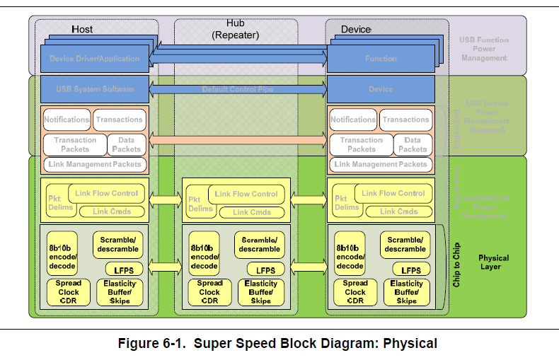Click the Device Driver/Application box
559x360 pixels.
[94, 59]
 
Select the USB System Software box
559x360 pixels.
[94, 89]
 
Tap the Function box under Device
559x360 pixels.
[381, 59]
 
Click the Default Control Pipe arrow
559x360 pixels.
[238, 89]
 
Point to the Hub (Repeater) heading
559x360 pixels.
[236, 29]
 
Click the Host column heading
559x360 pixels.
[82, 30]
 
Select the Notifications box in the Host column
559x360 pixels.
[67, 120]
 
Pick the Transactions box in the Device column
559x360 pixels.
[405, 120]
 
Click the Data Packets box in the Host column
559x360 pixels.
[127, 144]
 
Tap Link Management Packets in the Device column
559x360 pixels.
[381, 164]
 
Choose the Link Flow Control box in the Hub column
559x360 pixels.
[246, 194]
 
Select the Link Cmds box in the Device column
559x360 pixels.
[398, 211]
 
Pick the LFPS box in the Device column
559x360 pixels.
[411, 270]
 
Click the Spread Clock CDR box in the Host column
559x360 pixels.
[69, 292]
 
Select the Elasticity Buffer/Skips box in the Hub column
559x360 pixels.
[260, 292]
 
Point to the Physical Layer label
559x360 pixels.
[489, 262]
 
